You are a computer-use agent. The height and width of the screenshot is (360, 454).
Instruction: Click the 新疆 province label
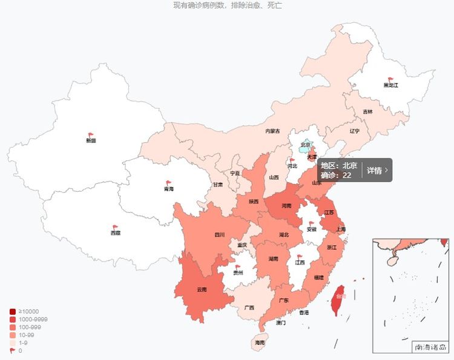(x=91, y=140)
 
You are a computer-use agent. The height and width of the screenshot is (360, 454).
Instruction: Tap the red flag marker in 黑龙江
(x=390, y=79)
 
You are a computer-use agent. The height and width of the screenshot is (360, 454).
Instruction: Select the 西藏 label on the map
(x=115, y=233)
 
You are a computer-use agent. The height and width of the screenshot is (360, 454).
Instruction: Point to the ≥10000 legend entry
(x=28, y=312)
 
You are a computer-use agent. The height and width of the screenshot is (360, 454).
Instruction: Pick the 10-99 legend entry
(x=28, y=335)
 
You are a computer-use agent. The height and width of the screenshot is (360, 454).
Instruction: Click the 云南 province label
(x=202, y=289)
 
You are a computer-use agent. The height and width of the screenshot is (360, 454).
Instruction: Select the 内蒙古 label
(x=272, y=131)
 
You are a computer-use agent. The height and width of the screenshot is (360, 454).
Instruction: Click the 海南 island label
(x=260, y=342)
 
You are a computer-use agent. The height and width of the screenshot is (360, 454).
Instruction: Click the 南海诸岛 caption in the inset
(x=430, y=347)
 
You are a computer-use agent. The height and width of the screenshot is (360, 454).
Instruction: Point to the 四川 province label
(x=219, y=235)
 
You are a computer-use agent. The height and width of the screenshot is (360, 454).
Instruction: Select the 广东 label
(x=283, y=300)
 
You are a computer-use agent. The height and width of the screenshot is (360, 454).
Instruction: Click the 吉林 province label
(x=368, y=112)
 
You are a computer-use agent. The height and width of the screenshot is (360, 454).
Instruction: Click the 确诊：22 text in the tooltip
(x=336, y=175)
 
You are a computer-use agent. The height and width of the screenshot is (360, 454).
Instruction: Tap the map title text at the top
(x=227, y=5)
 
